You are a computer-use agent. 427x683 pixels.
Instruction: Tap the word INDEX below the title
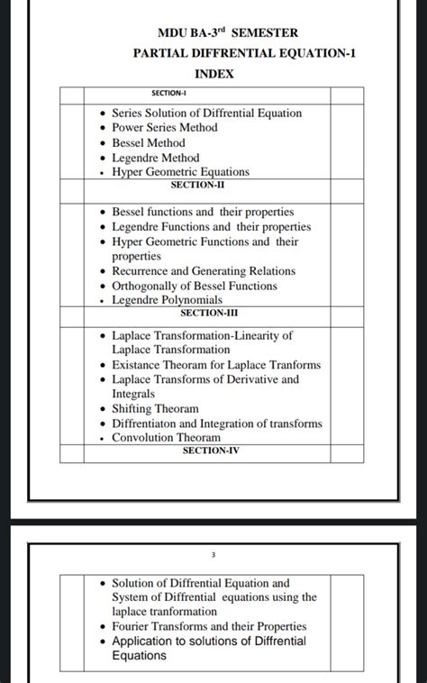pos(214,74)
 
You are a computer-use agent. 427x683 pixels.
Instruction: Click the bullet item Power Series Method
pos(165,128)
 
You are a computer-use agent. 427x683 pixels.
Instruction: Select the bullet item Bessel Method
pos(149,142)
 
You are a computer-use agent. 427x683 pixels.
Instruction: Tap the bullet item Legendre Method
pos(156,158)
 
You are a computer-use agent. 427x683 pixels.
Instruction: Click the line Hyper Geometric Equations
pos(180,172)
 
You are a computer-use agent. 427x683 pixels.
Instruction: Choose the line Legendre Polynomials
pos(167,300)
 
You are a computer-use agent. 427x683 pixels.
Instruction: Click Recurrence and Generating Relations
pos(204,271)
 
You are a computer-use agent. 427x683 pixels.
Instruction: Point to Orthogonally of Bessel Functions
pos(195,286)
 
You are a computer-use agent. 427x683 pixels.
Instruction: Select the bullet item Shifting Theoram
pos(155,409)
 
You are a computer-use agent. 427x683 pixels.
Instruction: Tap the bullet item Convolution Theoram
pos(166,438)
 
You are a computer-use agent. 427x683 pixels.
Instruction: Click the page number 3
pos(213,556)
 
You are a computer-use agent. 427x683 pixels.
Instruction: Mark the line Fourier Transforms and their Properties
pos(209,626)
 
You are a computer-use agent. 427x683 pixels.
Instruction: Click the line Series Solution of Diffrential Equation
pos(206,113)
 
